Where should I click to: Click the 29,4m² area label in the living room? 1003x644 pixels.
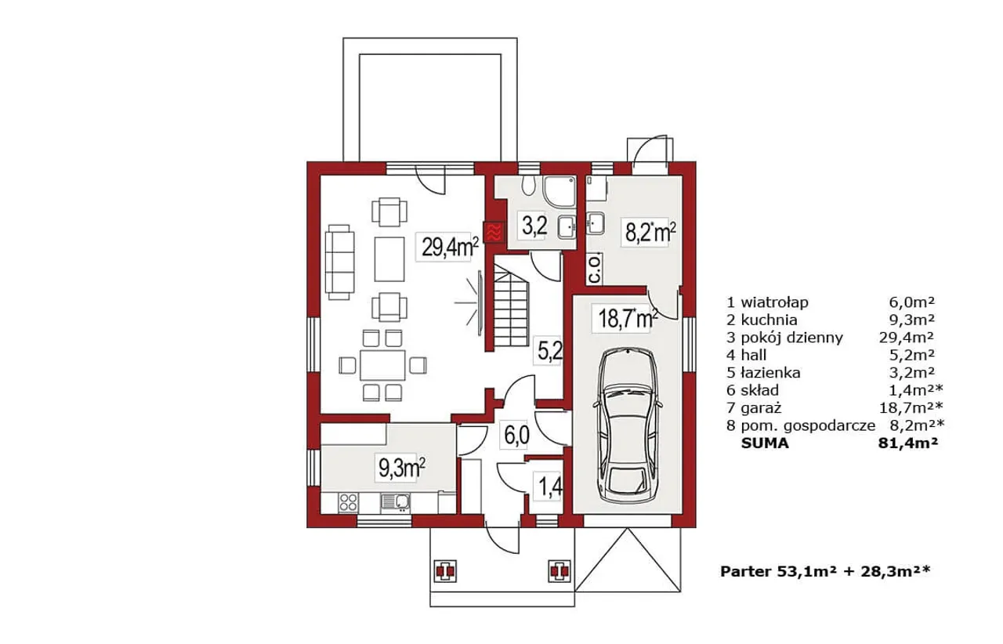pyautogui.click(x=450, y=247)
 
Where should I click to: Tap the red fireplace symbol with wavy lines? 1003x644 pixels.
pyautogui.click(x=494, y=232)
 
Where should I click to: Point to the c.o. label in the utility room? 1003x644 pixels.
pyautogui.click(x=594, y=270)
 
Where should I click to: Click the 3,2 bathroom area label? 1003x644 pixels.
pyautogui.click(x=534, y=226)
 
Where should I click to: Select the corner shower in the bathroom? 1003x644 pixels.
pyautogui.click(x=559, y=191)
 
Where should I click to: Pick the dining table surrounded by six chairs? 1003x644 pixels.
pyautogui.click(x=383, y=365)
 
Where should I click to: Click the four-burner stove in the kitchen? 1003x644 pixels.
pyautogui.click(x=349, y=502)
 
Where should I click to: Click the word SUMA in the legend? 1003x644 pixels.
pyautogui.click(x=765, y=443)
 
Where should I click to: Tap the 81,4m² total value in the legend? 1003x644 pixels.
pyautogui.click(x=908, y=443)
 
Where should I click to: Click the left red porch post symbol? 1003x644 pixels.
pyautogui.click(x=444, y=571)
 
